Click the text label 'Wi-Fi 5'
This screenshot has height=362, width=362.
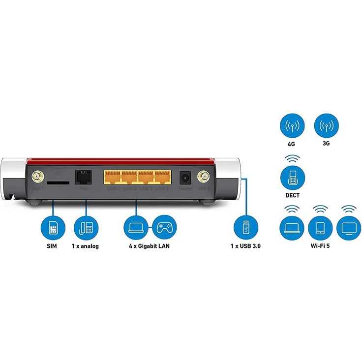coord(320,245)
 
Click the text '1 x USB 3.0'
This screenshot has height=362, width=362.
coord(245,245)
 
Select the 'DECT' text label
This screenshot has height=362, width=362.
coord(291,195)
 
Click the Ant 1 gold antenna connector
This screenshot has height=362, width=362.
coord(37,176)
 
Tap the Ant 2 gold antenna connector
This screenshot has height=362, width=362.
coord(202,176)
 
